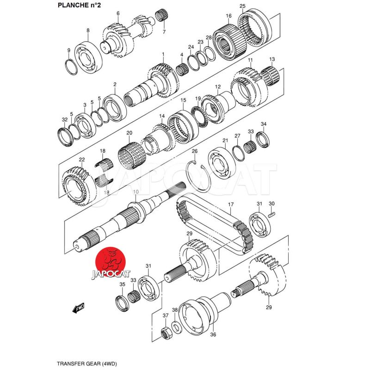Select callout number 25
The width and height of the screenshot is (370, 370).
coord(242,6)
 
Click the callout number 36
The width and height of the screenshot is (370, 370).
coord(213,335)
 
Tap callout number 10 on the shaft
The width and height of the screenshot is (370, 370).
coord(136,191)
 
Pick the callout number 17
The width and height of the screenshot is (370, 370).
coord(231,204)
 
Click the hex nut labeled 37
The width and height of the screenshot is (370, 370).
coord(165,332)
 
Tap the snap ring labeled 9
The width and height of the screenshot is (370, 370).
coord(71,67)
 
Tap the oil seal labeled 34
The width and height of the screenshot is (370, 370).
coord(263,138)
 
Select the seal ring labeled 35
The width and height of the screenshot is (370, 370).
coord(122,302)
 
